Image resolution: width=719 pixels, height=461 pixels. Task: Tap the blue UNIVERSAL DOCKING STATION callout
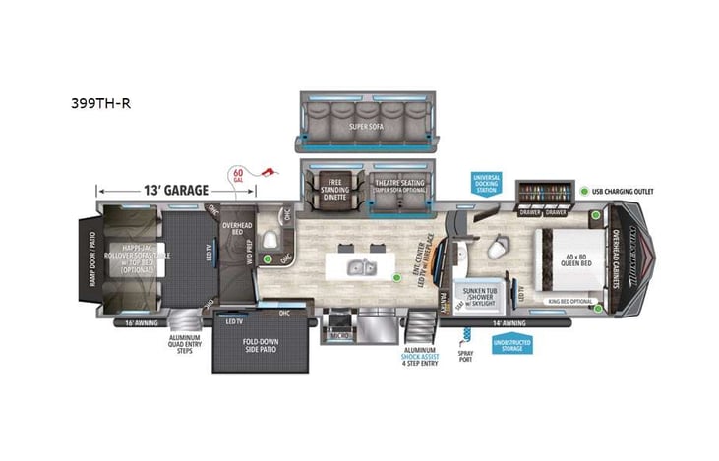tap(487, 185)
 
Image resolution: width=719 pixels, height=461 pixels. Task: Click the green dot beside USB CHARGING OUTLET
tap(583, 192)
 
